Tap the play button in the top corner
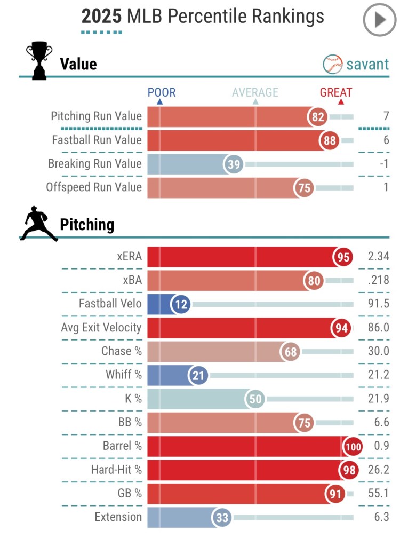[380, 20]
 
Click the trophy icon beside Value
[39, 61]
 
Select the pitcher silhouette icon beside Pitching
[38, 224]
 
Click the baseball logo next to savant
[333, 65]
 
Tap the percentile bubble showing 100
[353, 446]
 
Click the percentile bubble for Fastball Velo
[181, 304]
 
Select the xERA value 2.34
[378, 257]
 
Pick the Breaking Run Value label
[95, 163]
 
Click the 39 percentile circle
[234, 164]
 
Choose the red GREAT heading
[336, 92]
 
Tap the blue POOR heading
[161, 92]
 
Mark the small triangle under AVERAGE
[255, 101]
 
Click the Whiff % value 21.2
[378, 375]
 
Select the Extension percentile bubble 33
[221, 517]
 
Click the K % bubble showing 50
[255, 399]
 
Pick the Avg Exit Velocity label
[101, 328]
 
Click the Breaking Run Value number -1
[383, 164]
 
